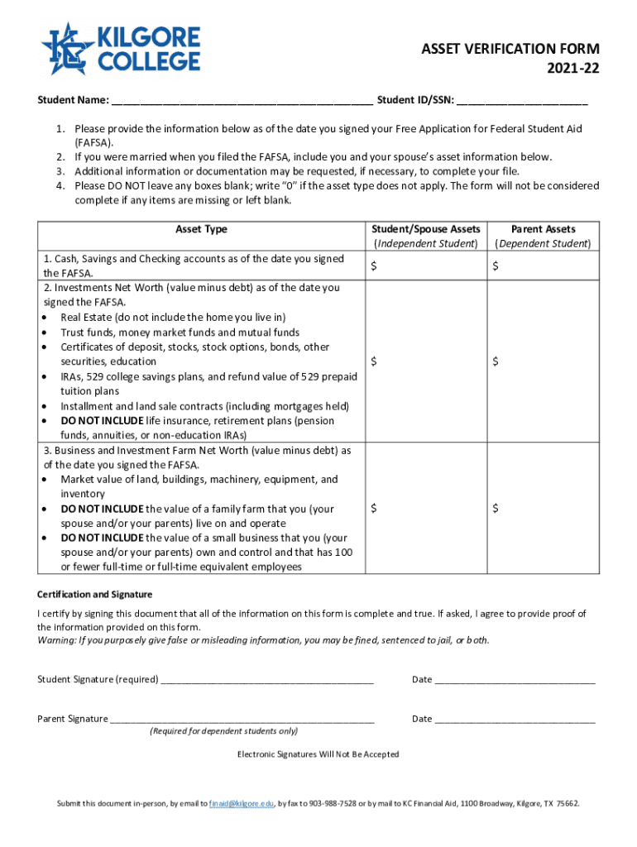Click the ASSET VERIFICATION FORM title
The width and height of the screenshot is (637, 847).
[510, 50]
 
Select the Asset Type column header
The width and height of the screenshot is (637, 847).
[201, 229]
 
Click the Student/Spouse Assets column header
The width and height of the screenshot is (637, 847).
[425, 236]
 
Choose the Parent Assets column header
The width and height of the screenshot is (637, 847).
[543, 236]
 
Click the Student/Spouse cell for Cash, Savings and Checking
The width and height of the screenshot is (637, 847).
[425, 266]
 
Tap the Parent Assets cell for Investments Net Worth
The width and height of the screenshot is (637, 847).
[543, 361]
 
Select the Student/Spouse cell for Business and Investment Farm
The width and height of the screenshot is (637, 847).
[425, 508]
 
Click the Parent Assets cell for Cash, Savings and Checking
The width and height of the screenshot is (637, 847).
[543, 266]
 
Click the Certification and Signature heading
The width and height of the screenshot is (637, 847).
[95, 595]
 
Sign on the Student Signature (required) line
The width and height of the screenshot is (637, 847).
[267, 680]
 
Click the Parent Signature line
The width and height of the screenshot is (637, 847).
[242, 719]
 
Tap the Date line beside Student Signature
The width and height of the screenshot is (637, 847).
[515, 680]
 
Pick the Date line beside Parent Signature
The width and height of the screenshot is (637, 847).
[515, 719]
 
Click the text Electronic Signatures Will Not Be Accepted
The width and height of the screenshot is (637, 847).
[318, 754]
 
